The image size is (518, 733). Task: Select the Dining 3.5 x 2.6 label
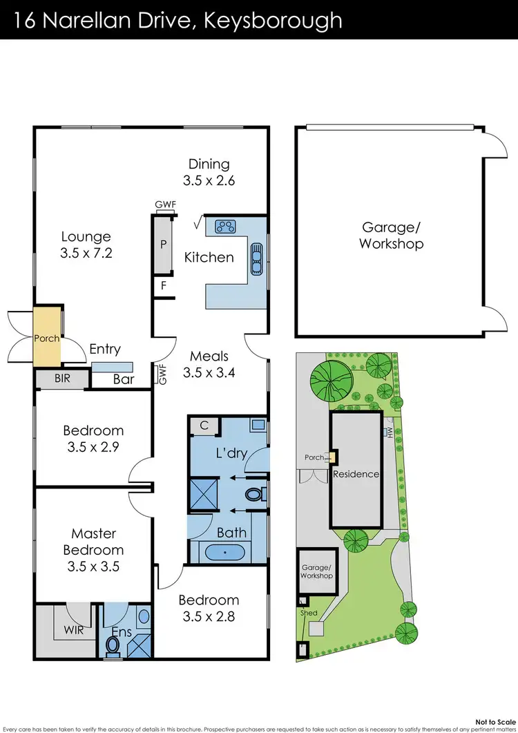[x=209, y=172]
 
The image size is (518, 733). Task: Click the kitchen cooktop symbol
[x=226, y=225]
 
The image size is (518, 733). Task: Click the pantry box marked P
[x=164, y=244]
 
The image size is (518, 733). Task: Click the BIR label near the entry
[x=62, y=379]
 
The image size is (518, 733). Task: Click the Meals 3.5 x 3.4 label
[x=209, y=364]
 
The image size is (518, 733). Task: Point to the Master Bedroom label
[x=93, y=550]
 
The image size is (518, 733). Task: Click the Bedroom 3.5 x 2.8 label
[x=209, y=608]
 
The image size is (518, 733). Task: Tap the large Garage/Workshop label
[x=391, y=235]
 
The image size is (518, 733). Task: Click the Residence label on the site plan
[x=356, y=474]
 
